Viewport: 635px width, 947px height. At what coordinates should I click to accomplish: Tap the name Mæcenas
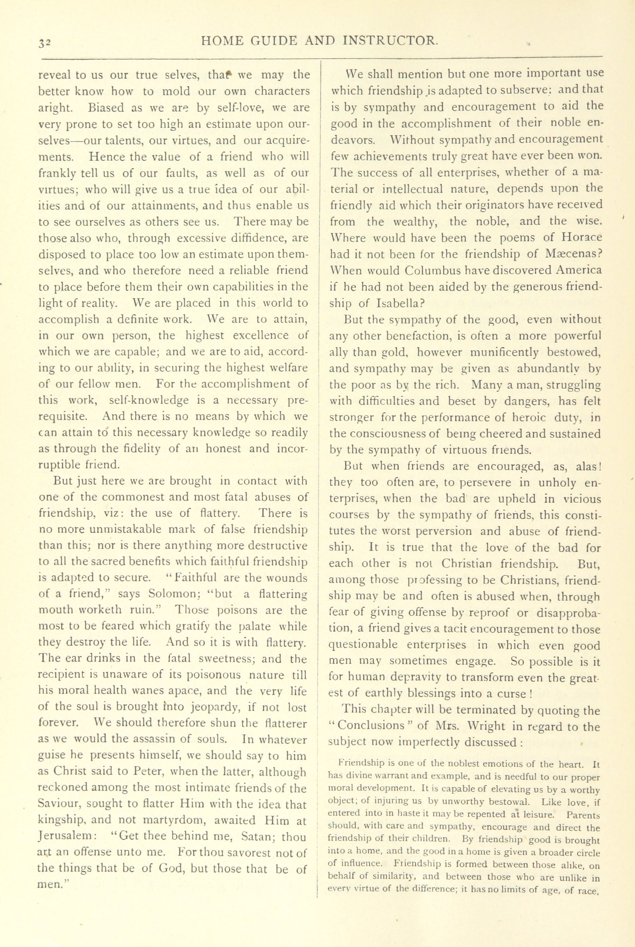click(569, 254)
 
